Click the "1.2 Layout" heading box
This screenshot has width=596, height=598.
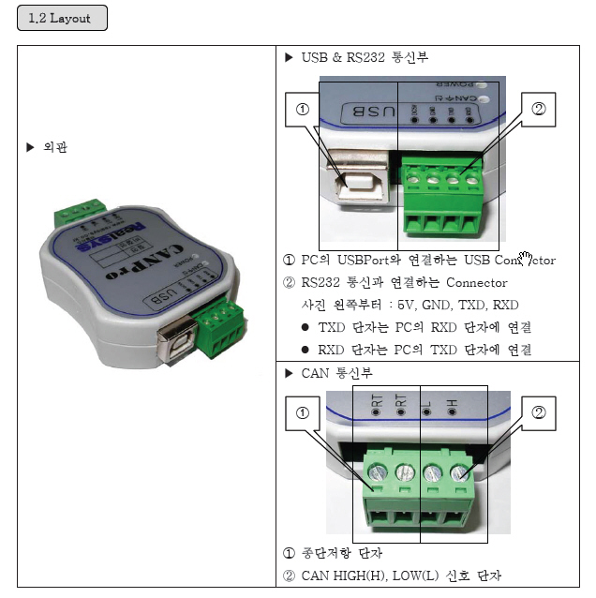coord(62,19)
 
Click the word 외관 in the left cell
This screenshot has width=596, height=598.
coord(55,147)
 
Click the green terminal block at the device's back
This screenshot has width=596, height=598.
coord(81,211)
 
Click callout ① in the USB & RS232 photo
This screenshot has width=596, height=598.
coord(302,109)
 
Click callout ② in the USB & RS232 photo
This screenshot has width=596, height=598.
coord(538,109)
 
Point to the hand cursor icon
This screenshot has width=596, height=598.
coord(525,258)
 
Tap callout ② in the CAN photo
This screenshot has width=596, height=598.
coord(538,412)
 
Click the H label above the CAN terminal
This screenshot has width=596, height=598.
coord(452,404)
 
